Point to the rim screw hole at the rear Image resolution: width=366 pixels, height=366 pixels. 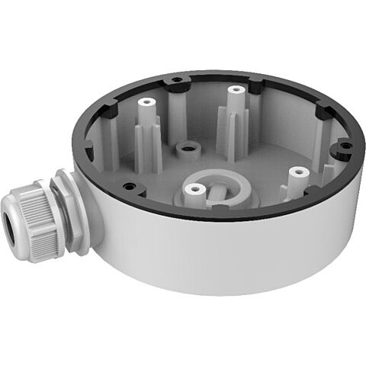tap(177, 79)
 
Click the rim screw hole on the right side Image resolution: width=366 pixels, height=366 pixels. tap(341, 146)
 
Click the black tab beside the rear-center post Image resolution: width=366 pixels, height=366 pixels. tap(256, 88)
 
